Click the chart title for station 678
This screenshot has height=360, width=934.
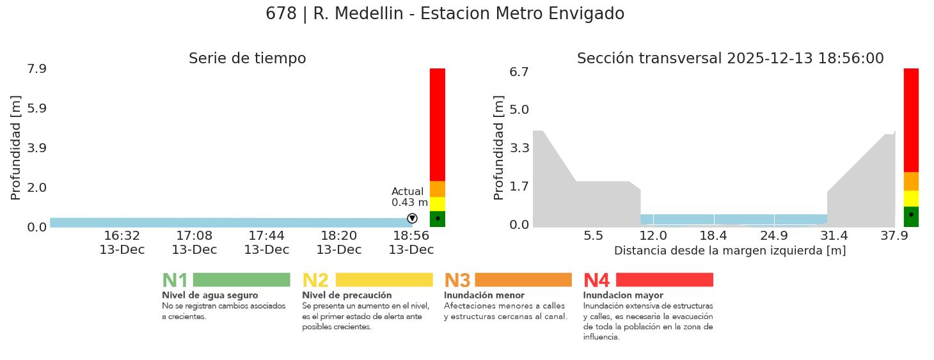tap(445, 13)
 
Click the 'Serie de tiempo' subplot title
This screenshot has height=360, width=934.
tap(247, 58)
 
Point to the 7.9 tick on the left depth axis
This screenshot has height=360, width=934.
tap(37, 68)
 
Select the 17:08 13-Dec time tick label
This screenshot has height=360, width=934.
tap(194, 242)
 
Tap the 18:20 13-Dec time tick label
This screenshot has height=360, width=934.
tap(339, 242)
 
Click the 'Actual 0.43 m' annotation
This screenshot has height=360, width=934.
tap(409, 197)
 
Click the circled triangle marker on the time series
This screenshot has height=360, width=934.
tap(412, 219)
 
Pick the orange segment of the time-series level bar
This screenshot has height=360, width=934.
tap(438, 189)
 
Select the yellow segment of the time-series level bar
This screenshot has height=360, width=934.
tap(438, 204)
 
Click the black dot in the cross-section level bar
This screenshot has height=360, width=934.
tap(911, 214)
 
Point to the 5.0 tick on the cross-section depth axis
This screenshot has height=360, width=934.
tap(519, 109)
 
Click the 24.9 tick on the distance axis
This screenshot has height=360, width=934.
tap(773, 237)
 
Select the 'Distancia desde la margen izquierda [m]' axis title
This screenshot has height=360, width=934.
tap(730, 251)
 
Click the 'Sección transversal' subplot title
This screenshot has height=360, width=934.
tap(730, 58)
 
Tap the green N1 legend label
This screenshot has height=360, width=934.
tap(175, 281)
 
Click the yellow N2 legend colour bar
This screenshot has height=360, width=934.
tap(384, 279)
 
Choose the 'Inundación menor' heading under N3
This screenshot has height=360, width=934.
tap(484, 295)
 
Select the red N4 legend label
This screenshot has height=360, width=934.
tap(596, 281)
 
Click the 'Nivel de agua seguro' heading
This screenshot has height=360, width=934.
tap(210, 295)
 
